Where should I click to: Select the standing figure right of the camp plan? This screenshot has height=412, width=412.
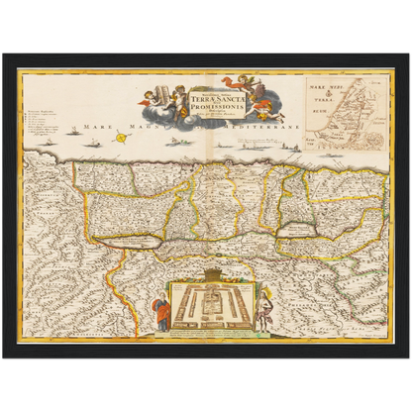(x=259, y=311)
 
